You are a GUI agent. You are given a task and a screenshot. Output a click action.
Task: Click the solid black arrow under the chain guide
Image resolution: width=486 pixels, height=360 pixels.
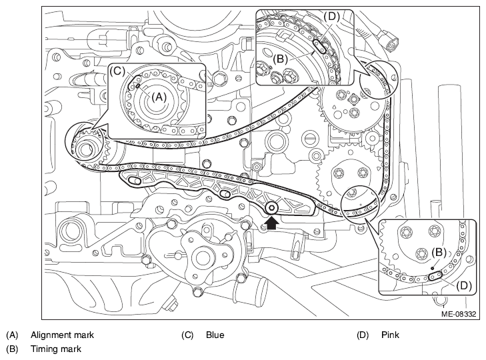[x=271, y=222]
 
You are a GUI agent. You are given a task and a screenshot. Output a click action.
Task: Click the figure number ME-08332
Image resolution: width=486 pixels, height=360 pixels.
[x=459, y=314]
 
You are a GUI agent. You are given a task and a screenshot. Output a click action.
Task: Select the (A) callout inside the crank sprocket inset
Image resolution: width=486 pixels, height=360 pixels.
[x=159, y=97]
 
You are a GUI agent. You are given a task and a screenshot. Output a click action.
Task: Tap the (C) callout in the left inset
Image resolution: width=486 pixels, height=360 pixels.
[x=117, y=71]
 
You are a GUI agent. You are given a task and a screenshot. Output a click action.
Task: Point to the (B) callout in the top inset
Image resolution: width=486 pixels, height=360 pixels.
[x=280, y=59]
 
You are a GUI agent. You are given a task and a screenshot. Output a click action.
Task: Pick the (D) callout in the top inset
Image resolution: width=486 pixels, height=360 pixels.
[x=331, y=17]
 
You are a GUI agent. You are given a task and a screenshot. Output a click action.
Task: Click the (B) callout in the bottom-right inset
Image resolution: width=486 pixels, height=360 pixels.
[x=439, y=253]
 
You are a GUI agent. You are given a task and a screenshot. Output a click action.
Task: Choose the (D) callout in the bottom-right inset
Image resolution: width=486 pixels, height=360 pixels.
[x=464, y=285]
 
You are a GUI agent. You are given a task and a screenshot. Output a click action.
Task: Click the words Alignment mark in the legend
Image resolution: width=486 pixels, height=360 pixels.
[x=62, y=335]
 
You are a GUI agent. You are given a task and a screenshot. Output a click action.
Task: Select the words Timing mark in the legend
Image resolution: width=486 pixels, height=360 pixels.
[x=56, y=349]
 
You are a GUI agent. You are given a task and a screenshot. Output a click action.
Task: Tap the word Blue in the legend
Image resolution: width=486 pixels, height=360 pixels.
[x=215, y=335]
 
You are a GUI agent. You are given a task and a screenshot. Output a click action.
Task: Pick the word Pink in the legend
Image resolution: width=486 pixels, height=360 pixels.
[x=390, y=335]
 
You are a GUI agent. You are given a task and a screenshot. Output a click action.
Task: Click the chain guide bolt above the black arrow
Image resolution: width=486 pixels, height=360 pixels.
[x=272, y=208]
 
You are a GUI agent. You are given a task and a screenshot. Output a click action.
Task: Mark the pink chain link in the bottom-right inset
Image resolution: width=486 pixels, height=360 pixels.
[x=435, y=275]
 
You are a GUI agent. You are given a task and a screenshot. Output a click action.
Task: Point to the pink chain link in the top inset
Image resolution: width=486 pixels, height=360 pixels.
[x=319, y=47]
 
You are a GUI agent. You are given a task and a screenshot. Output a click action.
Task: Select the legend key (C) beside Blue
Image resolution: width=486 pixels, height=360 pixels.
[x=187, y=335]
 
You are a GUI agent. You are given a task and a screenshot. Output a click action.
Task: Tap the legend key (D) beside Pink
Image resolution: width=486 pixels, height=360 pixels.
[x=363, y=335]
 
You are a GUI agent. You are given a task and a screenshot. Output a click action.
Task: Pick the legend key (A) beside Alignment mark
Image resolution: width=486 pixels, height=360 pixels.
[x=12, y=335]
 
